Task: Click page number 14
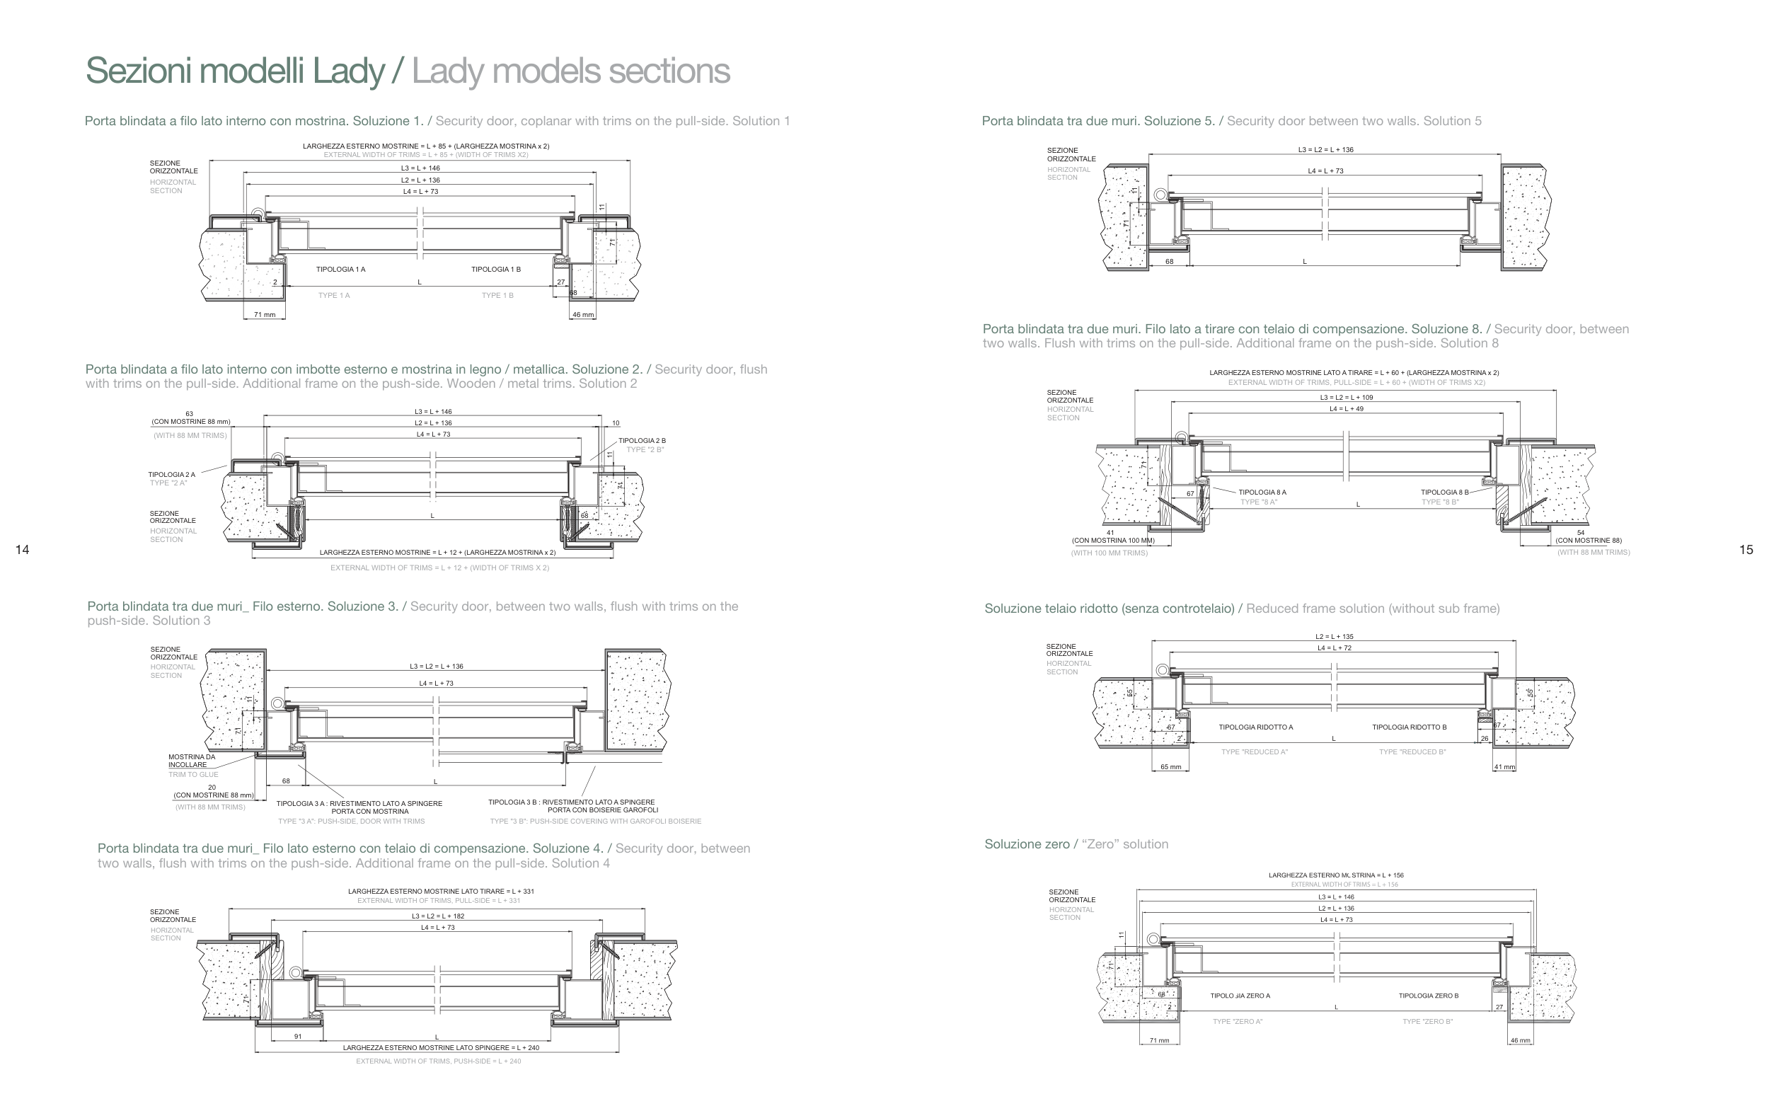pos(22,550)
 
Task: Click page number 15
pos(1746,550)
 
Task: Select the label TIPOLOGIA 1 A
pos(341,269)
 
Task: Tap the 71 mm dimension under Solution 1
pos(265,315)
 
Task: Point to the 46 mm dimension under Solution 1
pos(583,315)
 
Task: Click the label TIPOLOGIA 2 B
pos(642,440)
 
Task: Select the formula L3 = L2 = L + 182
pos(437,916)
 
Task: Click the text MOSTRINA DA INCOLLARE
pos(192,761)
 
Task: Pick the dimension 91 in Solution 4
pos(298,1037)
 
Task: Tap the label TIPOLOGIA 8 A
pos(1262,492)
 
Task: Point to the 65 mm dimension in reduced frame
pos(1170,767)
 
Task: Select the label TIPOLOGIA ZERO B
pos(1428,996)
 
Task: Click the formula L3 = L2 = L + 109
pos(1347,397)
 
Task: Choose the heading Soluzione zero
pos(1027,844)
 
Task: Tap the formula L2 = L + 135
pos(1334,636)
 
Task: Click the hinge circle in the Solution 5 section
pos(1160,195)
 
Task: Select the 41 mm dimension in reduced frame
pos(1504,767)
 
